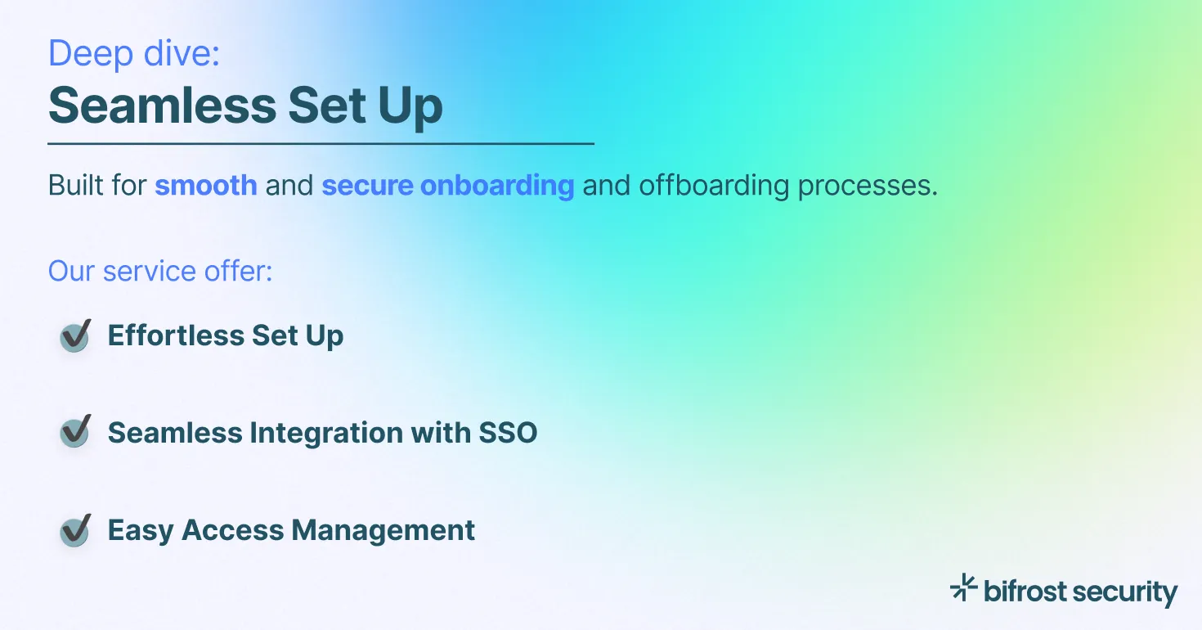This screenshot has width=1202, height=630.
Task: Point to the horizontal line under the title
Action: coord(321,144)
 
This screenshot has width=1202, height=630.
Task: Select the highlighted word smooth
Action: coord(206,186)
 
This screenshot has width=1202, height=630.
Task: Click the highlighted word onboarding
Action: coord(497,186)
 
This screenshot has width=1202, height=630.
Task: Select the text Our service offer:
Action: coord(160,272)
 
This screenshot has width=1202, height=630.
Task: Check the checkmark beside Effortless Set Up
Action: coord(75,335)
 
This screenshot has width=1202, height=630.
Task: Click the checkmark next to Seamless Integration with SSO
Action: coord(75,432)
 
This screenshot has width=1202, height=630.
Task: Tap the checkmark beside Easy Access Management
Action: coord(75,530)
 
